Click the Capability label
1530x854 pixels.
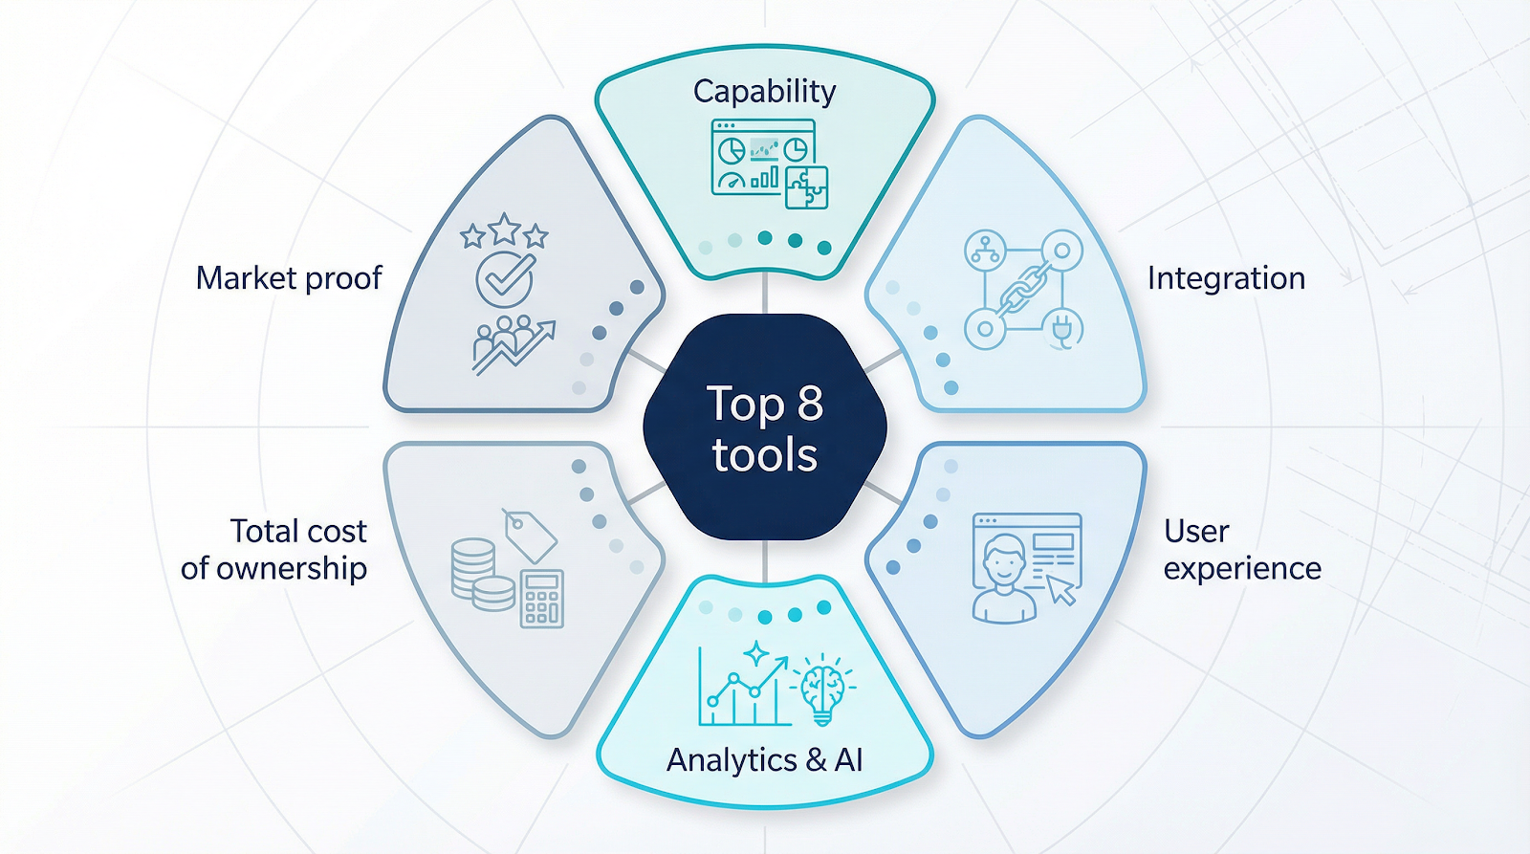pyautogui.click(x=764, y=92)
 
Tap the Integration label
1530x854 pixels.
pyautogui.click(x=1226, y=278)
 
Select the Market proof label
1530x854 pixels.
pyautogui.click(x=289, y=278)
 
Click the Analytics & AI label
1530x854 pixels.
pyautogui.click(x=764, y=759)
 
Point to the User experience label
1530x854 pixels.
pyautogui.click(x=1241, y=550)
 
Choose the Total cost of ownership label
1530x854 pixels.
pyautogui.click(x=275, y=550)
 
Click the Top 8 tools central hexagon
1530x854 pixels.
pyautogui.click(x=764, y=427)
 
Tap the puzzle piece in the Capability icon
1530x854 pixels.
pyautogui.click(x=806, y=187)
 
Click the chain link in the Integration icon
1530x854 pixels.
pyautogui.click(x=1024, y=289)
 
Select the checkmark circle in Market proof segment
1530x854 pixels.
pyautogui.click(x=505, y=279)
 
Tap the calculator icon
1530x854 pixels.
pyautogui.click(x=541, y=599)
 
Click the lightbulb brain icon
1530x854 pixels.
pyautogui.click(x=822, y=689)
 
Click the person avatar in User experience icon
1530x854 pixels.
pyautogui.click(x=1004, y=579)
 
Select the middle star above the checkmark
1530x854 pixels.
pyautogui.click(x=504, y=230)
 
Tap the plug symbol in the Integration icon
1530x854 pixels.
pyautogui.click(x=1061, y=328)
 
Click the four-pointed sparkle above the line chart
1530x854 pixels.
pyautogui.click(x=756, y=653)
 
